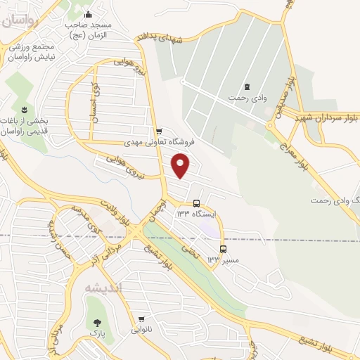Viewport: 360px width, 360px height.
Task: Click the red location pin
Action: coord(181,165)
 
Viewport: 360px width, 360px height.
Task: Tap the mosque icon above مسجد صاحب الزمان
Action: coord(88,15)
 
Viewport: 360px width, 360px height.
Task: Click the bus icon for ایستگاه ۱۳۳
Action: coord(196,204)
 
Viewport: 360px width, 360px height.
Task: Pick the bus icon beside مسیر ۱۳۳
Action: coord(224,249)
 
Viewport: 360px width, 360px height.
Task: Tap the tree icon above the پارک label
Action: coord(96,324)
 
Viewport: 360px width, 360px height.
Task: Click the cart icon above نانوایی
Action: coord(141,318)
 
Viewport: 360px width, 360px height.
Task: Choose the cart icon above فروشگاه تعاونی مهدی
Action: coord(159,131)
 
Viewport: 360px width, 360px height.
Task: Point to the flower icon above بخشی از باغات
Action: coord(23,108)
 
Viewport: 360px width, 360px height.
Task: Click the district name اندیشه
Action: coord(103,288)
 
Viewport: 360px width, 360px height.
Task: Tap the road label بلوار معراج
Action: coord(304,159)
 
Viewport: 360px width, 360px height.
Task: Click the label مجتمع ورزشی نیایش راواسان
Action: coord(31,50)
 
